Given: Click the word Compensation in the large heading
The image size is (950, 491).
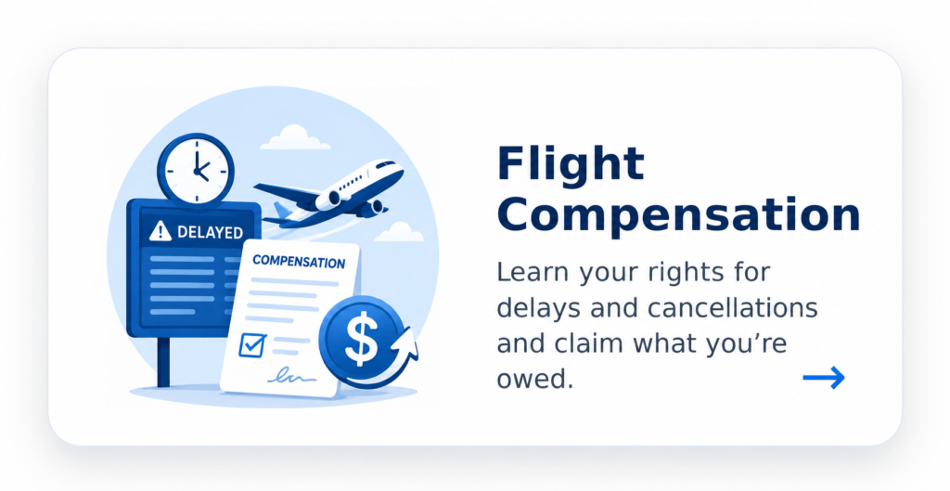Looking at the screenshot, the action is [678, 215].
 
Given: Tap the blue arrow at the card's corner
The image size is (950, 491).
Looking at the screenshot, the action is [824, 378].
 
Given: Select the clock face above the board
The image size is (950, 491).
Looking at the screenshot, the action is [196, 169].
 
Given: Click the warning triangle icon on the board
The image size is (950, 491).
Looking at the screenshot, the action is [160, 231].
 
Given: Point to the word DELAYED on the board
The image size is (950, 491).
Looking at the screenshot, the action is [211, 231].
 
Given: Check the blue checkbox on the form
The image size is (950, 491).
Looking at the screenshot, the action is [252, 344].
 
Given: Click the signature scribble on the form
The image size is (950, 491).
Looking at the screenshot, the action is [291, 376].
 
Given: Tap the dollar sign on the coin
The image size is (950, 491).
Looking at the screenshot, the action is [361, 339].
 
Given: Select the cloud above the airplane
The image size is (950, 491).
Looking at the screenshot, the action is [295, 137].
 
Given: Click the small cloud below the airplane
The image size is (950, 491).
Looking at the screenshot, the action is [398, 232].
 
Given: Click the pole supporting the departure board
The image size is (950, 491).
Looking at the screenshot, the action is [163, 362].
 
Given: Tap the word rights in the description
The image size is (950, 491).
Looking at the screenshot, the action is [686, 273].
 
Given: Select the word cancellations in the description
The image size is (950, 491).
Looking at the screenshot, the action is [733, 307].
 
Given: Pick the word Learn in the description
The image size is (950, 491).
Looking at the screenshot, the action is [533, 272].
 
